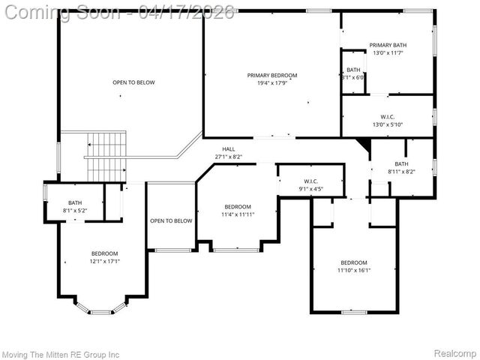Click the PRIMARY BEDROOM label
pos(272,75)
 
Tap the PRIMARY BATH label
pos(388,45)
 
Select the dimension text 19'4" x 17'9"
pos(272,83)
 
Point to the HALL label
pos(228,149)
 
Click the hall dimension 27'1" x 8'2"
pos(228,157)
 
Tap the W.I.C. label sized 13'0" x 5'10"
pos(388,117)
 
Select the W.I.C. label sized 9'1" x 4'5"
pos(311,181)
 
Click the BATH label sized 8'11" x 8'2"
pos(401,164)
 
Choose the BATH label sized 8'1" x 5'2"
pos(75,202)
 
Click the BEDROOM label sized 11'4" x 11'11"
pos(238,206)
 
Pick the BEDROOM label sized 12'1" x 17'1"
pos(105,253)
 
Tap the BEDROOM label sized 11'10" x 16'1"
pos(353,262)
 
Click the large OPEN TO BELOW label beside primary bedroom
pos(133,82)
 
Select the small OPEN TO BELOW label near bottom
pos(171,220)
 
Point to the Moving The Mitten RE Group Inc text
pos(61,353)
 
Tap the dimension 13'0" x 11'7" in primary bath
pos(388,53)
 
